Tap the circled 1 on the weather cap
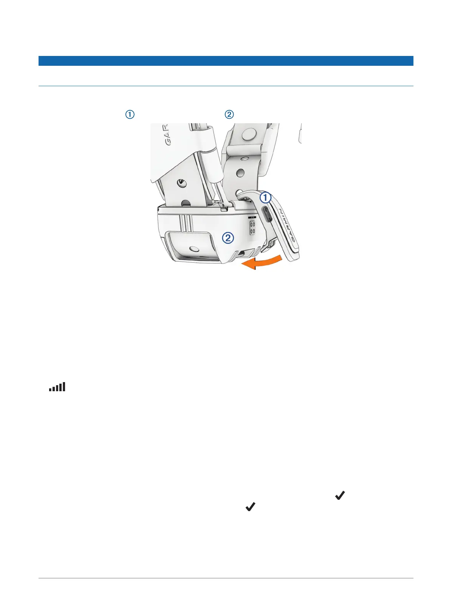pyautogui.click(x=266, y=197)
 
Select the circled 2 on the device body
pyautogui.click(x=228, y=238)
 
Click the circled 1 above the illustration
pyautogui.click(x=130, y=115)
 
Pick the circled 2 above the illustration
pyautogui.click(x=229, y=115)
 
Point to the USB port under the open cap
pyautogui.click(x=267, y=214)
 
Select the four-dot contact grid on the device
pyautogui.click(x=252, y=228)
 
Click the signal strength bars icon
pyautogui.click(x=57, y=387)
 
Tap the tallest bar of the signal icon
pyautogui.click(x=64, y=386)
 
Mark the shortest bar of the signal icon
pyautogui.click(x=50, y=389)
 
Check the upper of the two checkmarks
pyautogui.click(x=340, y=495)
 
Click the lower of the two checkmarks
pyautogui.click(x=251, y=507)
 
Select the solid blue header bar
pyautogui.click(x=226, y=61)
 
